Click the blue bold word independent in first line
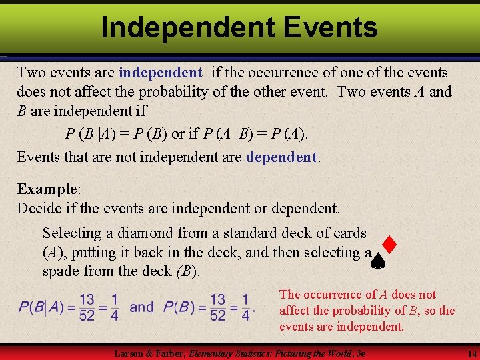[x=160, y=72]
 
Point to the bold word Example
[x=46, y=189]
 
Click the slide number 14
[x=471, y=353]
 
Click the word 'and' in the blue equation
[x=141, y=307]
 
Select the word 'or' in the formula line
[x=179, y=134]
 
